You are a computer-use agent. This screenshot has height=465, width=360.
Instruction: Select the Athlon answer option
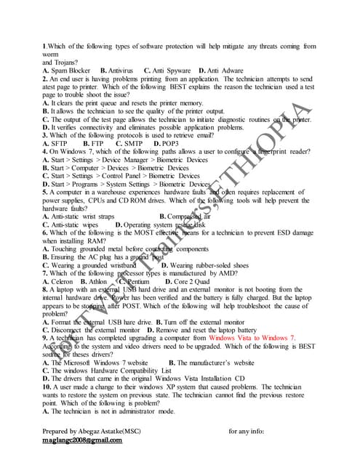click(x=100, y=281)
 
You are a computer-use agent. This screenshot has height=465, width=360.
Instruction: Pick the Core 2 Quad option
click(x=193, y=281)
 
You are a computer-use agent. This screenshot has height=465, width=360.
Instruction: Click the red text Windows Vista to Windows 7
click(x=252, y=338)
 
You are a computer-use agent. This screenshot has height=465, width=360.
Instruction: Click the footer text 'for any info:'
click(x=249, y=432)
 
